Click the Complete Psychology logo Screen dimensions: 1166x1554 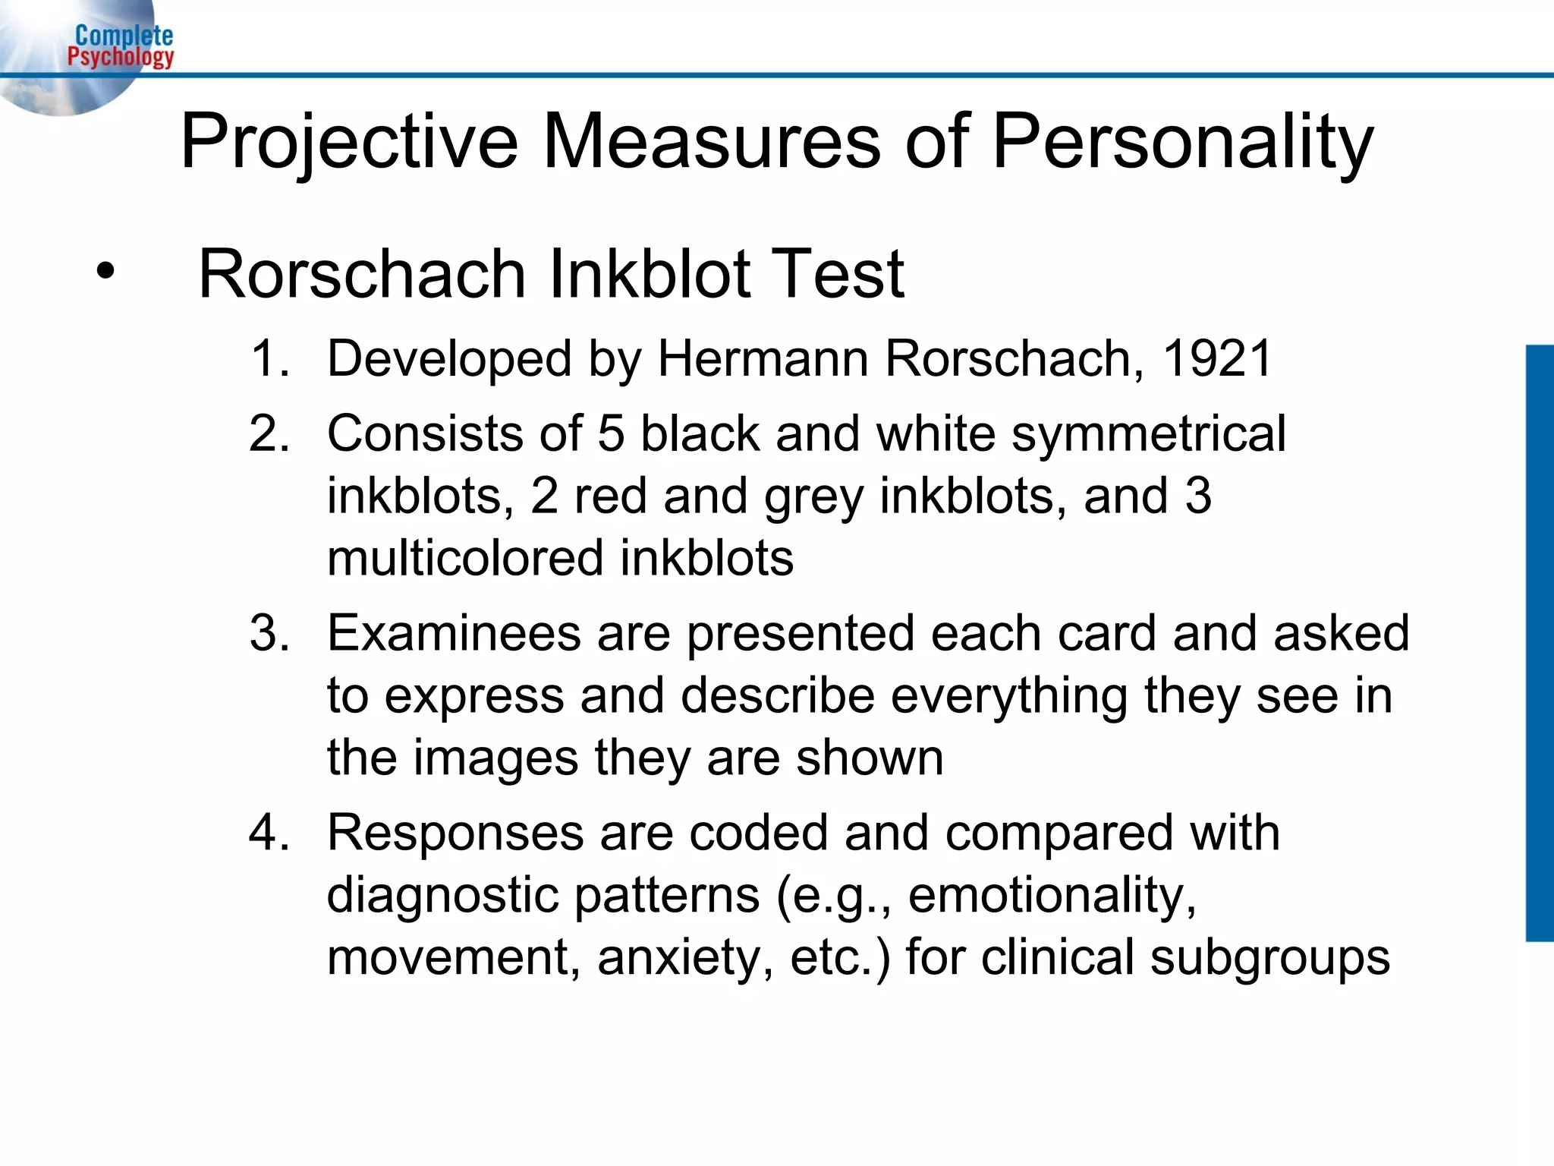120,46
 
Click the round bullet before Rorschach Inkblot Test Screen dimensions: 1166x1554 105,272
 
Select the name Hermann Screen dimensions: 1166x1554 763,358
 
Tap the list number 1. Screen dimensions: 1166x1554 269,358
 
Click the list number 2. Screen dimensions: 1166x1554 269,433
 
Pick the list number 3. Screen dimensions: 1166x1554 269,633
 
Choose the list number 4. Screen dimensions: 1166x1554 269,833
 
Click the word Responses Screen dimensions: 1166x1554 455,833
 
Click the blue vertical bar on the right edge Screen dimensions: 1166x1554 1540,643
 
